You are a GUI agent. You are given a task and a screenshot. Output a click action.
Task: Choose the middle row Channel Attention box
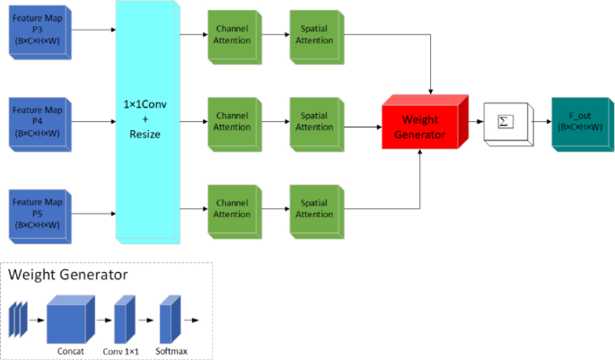coord(232,122)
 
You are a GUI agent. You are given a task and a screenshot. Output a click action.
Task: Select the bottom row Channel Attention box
coord(232,209)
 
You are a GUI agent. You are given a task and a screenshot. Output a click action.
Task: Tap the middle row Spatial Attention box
coord(313,122)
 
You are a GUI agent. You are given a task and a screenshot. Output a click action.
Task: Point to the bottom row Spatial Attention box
coord(313,209)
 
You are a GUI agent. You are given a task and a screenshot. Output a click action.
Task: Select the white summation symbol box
coord(505,123)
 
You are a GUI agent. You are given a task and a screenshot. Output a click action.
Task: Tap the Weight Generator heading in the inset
coord(68,275)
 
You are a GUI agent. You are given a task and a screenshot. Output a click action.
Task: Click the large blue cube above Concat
coord(69,320)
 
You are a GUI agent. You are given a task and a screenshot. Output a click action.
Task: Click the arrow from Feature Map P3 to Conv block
coord(93,31)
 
